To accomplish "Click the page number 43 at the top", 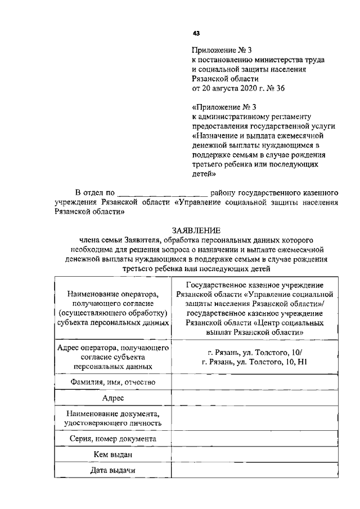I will [x=196, y=33].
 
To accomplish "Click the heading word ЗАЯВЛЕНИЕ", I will [x=196, y=231].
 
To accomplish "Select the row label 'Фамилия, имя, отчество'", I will [x=112, y=382].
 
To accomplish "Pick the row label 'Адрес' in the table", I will [x=112, y=398].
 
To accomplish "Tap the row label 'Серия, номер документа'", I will [x=112, y=439].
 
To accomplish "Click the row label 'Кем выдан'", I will [x=112, y=454].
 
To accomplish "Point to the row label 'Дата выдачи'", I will [x=112, y=470].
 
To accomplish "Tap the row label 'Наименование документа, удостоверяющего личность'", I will [x=112, y=418].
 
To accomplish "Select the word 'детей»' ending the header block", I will [x=204, y=174].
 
